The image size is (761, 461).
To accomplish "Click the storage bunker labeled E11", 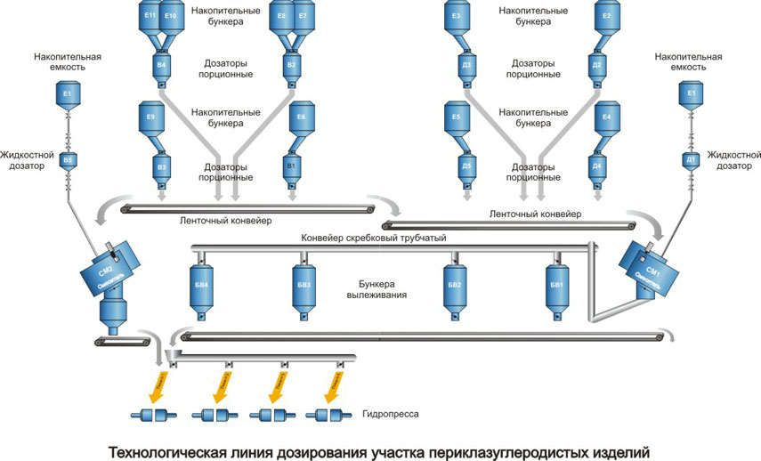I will coord(150,20).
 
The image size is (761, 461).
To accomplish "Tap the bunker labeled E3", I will coord(456,20).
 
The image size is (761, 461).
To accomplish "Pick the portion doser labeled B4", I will coord(161,66).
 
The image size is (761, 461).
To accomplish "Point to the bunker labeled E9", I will coord(150,120).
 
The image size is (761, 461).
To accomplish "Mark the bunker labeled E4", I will coord(606,120).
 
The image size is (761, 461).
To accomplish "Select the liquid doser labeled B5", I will coord(67,160).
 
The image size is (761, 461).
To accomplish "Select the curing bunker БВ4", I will coord(201,287).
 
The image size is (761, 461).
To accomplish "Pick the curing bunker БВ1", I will coord(557,287).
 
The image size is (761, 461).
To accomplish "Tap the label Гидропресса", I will coord(390,415).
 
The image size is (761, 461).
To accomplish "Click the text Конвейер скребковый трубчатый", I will coord(374,237).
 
